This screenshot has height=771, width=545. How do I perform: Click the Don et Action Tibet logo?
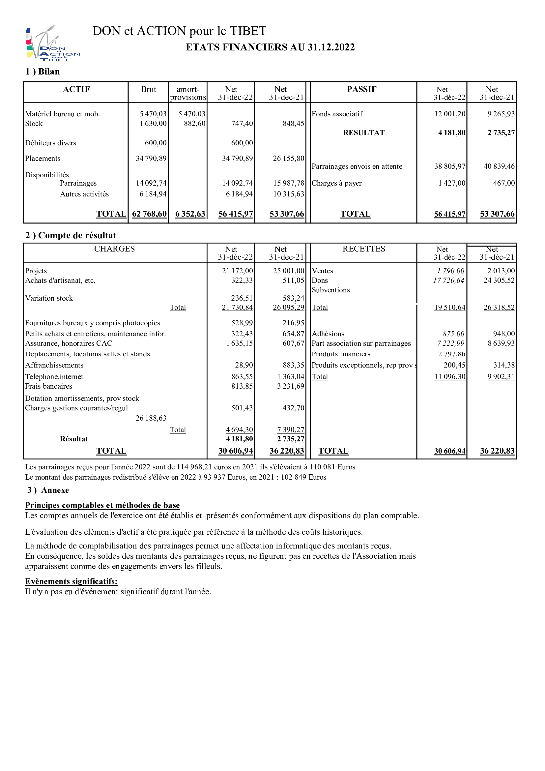[52, 43]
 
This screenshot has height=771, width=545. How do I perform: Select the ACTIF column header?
[76, 89]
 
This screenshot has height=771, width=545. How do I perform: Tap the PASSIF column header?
[361, 89]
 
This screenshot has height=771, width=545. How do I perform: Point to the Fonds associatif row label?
[337, 114]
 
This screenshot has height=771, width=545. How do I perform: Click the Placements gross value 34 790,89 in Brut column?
[151, 159]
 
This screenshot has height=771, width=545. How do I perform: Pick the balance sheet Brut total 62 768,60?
[149, 214]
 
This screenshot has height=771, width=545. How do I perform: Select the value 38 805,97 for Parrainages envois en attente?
[450, 166]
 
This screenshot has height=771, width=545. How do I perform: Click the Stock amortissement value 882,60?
[195, 124]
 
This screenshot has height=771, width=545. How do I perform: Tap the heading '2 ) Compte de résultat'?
[71, 235]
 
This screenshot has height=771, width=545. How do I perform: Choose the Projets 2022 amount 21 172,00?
[237, 271]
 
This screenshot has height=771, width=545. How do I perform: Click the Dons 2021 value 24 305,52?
[499, 281]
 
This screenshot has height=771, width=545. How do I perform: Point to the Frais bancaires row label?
[49, 386]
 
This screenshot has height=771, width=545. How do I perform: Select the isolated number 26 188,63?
[151, 418]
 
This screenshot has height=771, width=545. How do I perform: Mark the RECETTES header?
[364, 249]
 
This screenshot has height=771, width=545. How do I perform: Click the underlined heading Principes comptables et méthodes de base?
[102, 505]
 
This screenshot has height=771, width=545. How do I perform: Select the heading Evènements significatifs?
[71, 581]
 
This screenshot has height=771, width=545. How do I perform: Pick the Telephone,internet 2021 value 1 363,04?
[291, 377]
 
